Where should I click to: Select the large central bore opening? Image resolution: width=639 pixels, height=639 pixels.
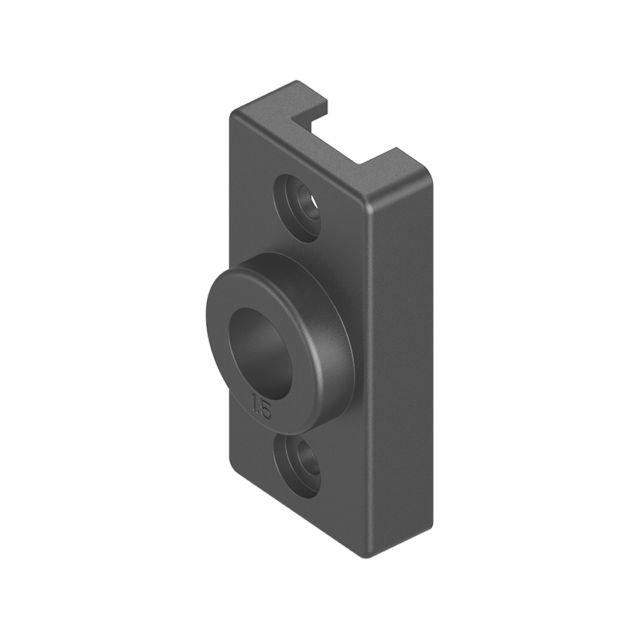click(x=257, y=343)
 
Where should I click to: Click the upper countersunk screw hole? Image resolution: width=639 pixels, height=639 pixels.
click(x=301, y=204)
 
